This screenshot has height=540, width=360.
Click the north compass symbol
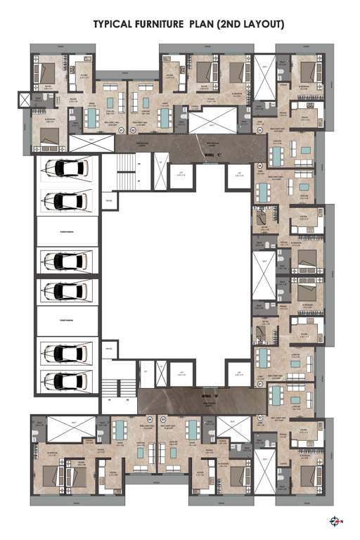pos(335,521)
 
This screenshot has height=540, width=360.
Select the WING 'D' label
pos(187,397)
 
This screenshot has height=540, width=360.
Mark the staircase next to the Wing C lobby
pos(126,171)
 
